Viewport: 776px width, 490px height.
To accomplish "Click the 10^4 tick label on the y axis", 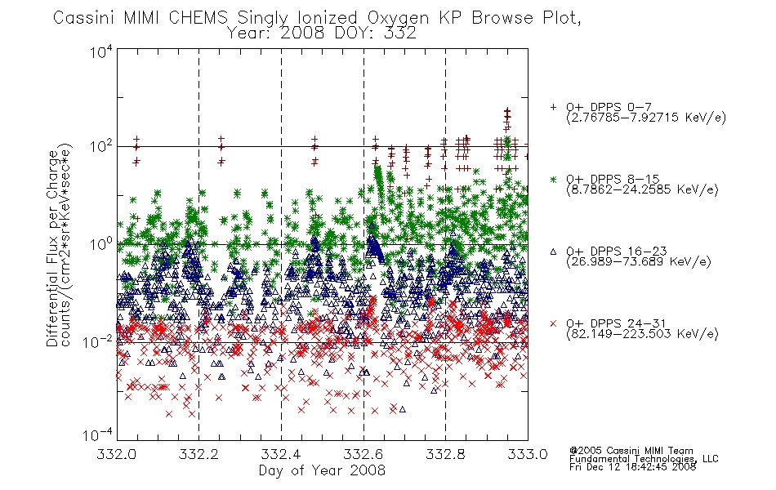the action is [x=101, y=51].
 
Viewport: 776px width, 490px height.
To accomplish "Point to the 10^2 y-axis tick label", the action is [x=101, y=147].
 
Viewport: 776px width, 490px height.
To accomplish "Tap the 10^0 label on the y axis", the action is [x=101, y=244].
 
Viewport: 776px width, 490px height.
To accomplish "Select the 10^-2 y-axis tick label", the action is [x=98, y=341].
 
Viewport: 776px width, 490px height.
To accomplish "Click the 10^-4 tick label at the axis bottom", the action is [x=98, y=435].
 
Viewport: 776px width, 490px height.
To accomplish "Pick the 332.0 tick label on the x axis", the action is [x=116, y=454].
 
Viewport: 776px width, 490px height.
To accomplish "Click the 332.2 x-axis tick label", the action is [x=198, y=454].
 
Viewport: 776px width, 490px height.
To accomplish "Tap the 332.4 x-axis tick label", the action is [x=281, y=454].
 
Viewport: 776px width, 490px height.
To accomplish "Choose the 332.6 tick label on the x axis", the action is [x=363, y=454].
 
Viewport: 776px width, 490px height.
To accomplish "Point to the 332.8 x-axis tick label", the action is [x=445, y=454].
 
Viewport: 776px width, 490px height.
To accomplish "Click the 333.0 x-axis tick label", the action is [x=528, y=454].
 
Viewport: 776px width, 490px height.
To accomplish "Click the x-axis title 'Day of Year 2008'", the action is [x=322, y=470].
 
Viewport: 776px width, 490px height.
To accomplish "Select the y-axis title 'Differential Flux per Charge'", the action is [x=52, y=246].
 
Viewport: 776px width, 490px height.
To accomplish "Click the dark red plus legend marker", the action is [x=553, y=107].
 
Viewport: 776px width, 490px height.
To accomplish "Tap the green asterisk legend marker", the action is [x=553, y=179].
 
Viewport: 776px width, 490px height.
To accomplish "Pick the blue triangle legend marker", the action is [x=553, y=252].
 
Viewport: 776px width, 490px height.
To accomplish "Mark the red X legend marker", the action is [x=553, y=323].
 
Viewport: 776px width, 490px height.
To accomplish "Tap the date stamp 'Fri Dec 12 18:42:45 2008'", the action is [x=632, y=466].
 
